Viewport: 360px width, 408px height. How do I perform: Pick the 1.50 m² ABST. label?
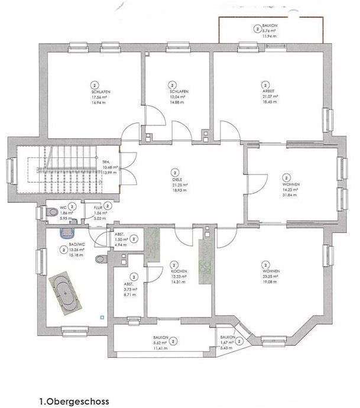[x=121, y=239]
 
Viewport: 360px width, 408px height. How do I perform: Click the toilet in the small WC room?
[x=48, y=212]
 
